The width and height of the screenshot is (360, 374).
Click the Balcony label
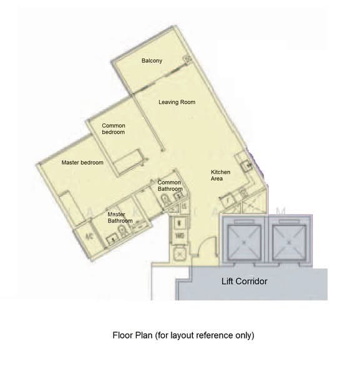pos(152,60)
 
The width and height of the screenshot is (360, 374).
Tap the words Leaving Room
pos(177,102)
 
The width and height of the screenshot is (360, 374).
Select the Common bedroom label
pos(114,129)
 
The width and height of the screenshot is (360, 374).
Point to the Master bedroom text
pos(82,163)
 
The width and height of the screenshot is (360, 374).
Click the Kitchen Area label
pos(221,175)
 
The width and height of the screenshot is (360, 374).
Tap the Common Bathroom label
pos(170,186)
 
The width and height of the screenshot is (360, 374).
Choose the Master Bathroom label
pos(120,218)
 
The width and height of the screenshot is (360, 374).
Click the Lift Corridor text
pos(245,281)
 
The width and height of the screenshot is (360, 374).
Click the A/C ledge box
pos(88,236)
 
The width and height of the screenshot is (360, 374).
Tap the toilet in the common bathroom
pos(164,199)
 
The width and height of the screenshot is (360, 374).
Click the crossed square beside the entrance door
pos(180,254)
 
